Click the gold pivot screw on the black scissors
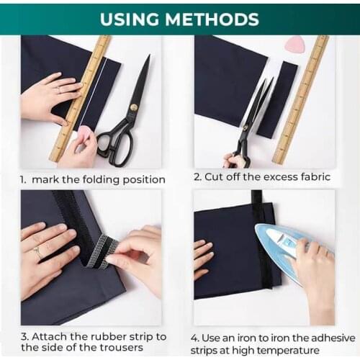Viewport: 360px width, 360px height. pyautogui.click(x=133, y=107)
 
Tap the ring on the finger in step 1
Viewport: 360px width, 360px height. pyautogui.click(x=58, y=89)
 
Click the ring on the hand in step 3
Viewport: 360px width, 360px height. pyautogui.click(x=37, y=253)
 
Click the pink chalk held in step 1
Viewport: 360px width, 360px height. pyautogui.click(x=86, y=134)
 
